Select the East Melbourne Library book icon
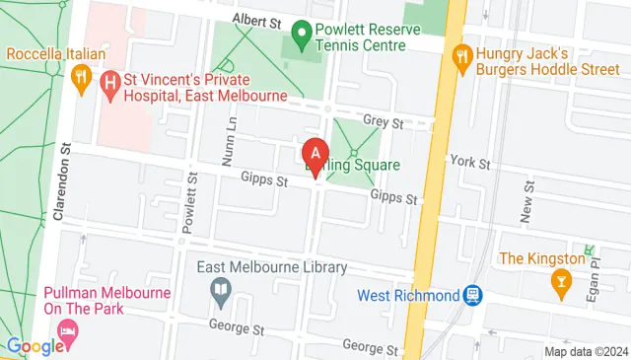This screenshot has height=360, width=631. click(221, 290)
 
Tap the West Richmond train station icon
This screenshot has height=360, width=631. click(473, 295)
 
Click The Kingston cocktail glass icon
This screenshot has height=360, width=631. click(560, 283)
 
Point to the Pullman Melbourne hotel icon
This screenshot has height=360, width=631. click(68, 329)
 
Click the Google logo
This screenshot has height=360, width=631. click(35, 346)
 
